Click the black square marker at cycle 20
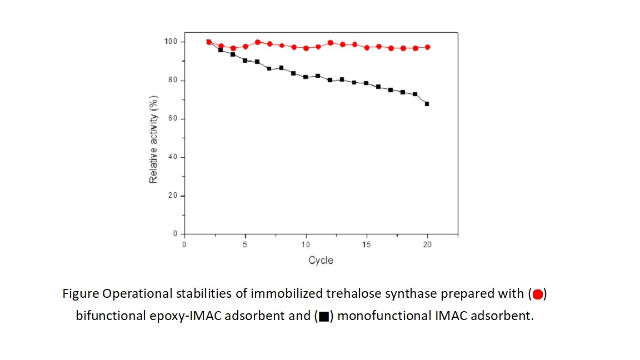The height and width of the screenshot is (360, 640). tap(427, 104)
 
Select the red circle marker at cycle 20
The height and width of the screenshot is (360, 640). tap(427, 47)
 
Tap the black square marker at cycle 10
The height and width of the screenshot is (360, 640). tap(306, 77)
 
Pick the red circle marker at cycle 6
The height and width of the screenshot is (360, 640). tap(258, 42)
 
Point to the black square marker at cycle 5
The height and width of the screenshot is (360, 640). tap(245, 61)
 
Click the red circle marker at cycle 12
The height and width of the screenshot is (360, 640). tap(331, 43)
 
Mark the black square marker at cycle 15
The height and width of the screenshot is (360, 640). tap(366, 83)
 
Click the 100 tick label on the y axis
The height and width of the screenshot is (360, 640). tap(171, 42)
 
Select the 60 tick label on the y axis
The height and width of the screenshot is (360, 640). tap(173, 119)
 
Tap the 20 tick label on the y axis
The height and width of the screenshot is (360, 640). tap(173, 196)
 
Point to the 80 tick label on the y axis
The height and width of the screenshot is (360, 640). tap(173, 81)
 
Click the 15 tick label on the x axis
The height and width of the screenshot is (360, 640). tap(367, 245)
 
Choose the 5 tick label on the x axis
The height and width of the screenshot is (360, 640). tap(245, 245)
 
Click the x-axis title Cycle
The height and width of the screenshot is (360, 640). tap(321, 260)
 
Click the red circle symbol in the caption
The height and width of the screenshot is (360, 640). tap(537, 294)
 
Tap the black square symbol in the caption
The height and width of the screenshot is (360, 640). tap(323, 317)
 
